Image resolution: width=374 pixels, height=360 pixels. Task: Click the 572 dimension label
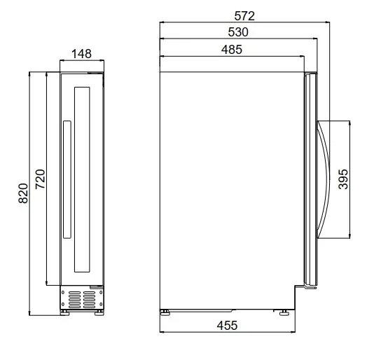[x=244, y=16]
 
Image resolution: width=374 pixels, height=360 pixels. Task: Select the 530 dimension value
[x=238, y=32]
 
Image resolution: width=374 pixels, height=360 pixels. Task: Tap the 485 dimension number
[x=232, y=50]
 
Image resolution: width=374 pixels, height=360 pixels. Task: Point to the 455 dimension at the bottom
[x=227, y=326]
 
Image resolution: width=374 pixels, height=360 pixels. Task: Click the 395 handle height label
[x=343, y=179]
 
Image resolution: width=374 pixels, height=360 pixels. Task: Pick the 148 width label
[x=81, y=54]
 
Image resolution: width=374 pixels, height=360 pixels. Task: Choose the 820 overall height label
[x=23, y=193]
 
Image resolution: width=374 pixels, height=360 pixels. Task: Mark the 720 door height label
[x=40, y=179]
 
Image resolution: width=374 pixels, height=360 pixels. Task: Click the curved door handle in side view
[x=327, y=179]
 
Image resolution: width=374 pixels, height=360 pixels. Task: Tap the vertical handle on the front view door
[x=67, y=179]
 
